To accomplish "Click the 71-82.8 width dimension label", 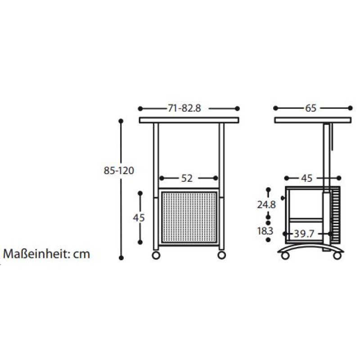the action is point(184,108).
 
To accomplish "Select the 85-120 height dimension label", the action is point(119,171).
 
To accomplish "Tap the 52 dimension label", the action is point(187,178).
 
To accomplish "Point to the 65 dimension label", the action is point(310,108).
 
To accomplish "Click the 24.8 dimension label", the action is point(266,205).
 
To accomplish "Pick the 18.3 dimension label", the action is point(265,231).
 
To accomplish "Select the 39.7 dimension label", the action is point(304,234).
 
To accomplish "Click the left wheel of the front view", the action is point(156,255).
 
